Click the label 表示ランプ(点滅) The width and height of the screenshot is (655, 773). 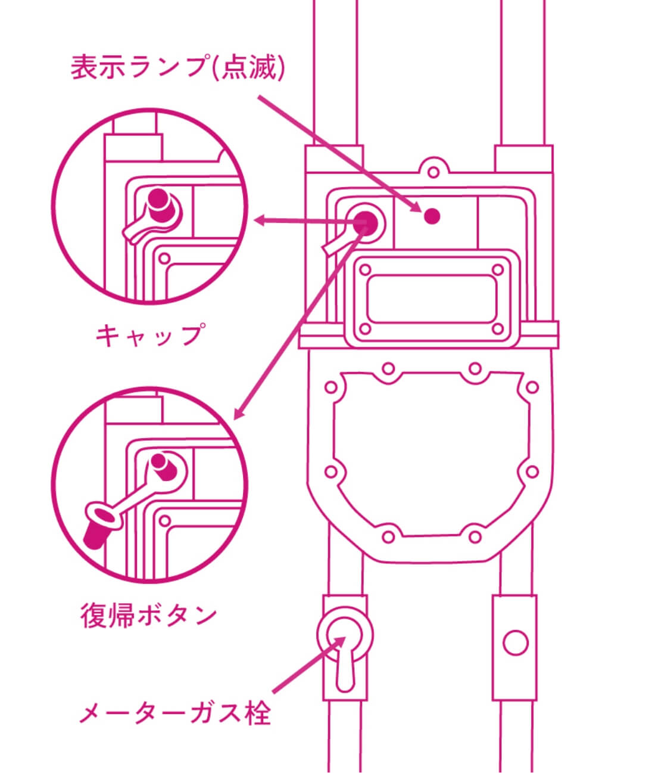(x=177, y=67)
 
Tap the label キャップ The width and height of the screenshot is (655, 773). (x=151, y=335)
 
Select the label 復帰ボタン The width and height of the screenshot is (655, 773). (x=148, y=615)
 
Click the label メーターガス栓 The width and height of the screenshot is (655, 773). (x=175, y=713)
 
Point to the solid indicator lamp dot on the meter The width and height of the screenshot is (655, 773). (x=433, y=216)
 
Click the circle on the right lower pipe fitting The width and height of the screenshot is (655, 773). (x=515, y=644)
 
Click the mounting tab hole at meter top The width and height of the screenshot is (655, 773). (x=434, y=172)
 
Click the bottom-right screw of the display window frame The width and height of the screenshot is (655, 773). (x=497, y=329)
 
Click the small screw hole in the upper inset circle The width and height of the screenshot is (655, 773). (x=165, y=259)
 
